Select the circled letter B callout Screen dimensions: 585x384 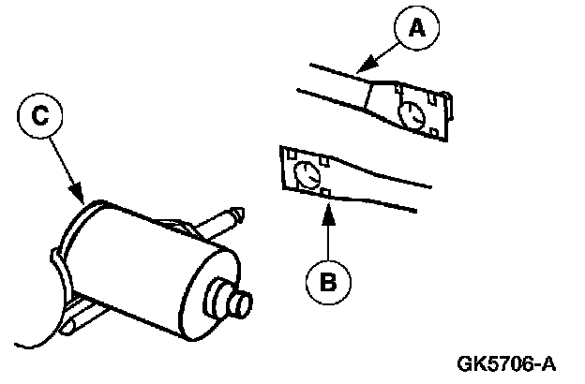[326, 278]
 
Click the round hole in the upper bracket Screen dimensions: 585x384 [411, 114]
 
